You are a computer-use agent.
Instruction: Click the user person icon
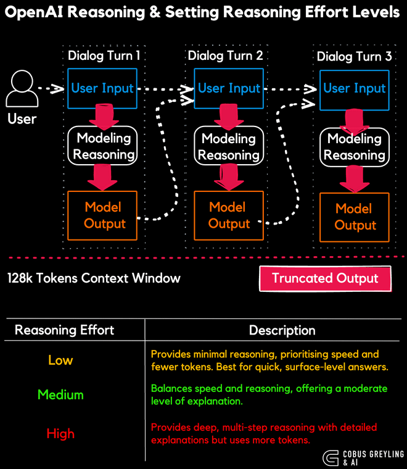tap(22, 89)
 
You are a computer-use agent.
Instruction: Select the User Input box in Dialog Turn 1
tap(102, 88)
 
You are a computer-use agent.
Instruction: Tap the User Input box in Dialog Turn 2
tap(229, 88)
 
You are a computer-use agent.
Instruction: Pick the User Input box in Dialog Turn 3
tap(354, 88)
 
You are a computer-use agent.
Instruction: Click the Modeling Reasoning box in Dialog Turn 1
tap(102, 146)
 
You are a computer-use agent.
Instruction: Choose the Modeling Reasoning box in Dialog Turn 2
tap(229, 147)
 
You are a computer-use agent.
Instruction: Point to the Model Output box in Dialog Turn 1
tap(102, 215)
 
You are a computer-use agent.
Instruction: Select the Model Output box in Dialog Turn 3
tap(355, 217)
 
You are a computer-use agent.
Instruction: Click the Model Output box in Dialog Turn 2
tap(229, 215)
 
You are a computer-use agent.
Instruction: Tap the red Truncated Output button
tap(325, 278)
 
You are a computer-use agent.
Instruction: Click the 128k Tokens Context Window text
tap(94, 278)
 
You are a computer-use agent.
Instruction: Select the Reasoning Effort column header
tap(64, 330)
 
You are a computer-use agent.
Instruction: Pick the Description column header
tap(282, 331)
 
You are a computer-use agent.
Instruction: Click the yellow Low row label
tap(60, 360)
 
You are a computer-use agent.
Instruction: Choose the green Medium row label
tap(60, 394)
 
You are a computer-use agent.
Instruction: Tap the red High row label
tap(60, 434)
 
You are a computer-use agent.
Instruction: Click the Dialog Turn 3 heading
tap(354, 57)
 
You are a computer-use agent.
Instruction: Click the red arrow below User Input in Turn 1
tap(102, 115)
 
